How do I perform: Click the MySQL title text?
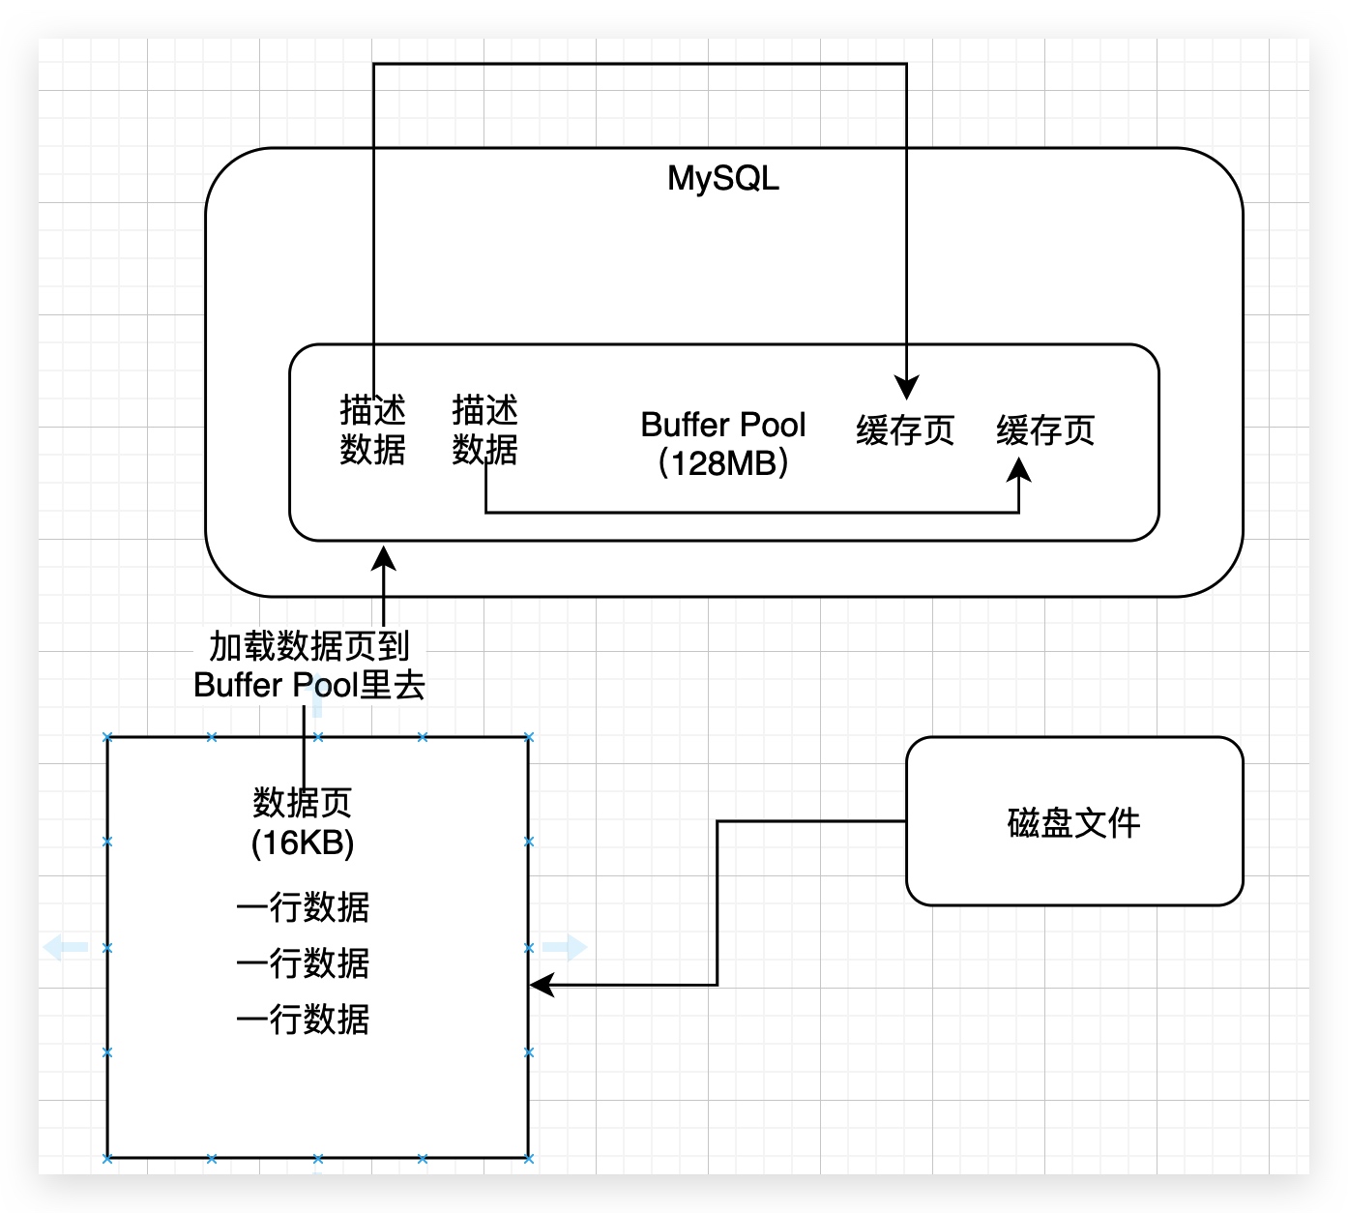722,178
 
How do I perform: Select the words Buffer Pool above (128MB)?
722,425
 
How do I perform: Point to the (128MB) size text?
722,463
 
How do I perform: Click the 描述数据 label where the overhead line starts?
372,429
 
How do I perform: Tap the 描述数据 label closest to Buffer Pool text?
484,429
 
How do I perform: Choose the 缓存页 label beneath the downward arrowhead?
905,430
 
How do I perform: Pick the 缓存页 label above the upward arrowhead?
1045,430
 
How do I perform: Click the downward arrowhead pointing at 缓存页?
906,388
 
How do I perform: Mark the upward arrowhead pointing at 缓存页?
1019,471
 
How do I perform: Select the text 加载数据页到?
309,645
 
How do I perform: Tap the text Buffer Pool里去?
309,685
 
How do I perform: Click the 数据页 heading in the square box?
303,802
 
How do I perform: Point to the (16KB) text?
303,843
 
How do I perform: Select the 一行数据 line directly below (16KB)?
303,907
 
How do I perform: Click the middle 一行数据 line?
303,963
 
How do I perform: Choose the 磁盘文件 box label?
1073,822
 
